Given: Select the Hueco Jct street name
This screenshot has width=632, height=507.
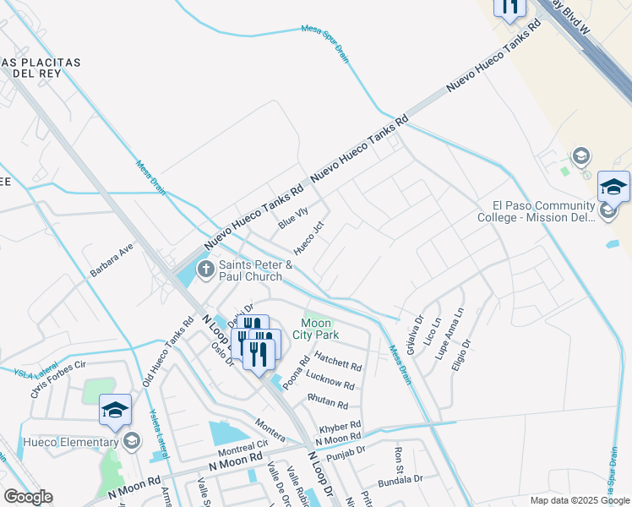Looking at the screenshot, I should tap(308, 239).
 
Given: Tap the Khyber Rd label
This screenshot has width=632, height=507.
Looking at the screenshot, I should tap(340, 426).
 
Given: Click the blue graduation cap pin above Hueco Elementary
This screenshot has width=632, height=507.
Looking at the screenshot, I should tap(115, 411).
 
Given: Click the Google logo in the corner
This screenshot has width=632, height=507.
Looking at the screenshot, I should tap(28, 497).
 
